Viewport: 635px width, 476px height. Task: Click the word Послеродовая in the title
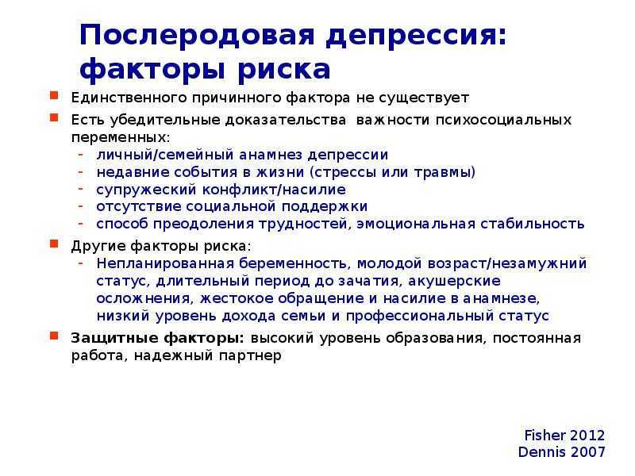[x=197, y=35]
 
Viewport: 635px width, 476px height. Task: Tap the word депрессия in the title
[x=416, y=37]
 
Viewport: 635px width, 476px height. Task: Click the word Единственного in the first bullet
[x=129, y=98]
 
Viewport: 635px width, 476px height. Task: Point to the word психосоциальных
[x=503, y=121]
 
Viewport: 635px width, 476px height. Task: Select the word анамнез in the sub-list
[x=271, y=155]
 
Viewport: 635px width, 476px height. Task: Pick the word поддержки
[x=325, y=207]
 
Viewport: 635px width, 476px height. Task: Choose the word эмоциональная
[x=415, y=224]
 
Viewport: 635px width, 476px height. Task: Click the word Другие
[x=98, y=246]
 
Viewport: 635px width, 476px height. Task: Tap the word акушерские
[x=454, y=281]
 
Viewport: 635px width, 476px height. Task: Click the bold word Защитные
[x=114, y=339]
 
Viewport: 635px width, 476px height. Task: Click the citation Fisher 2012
[x=564, y=436]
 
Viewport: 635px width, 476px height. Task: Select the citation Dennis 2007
[x=562, y=452]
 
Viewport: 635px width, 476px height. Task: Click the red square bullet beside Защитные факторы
[x=54, y=336]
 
